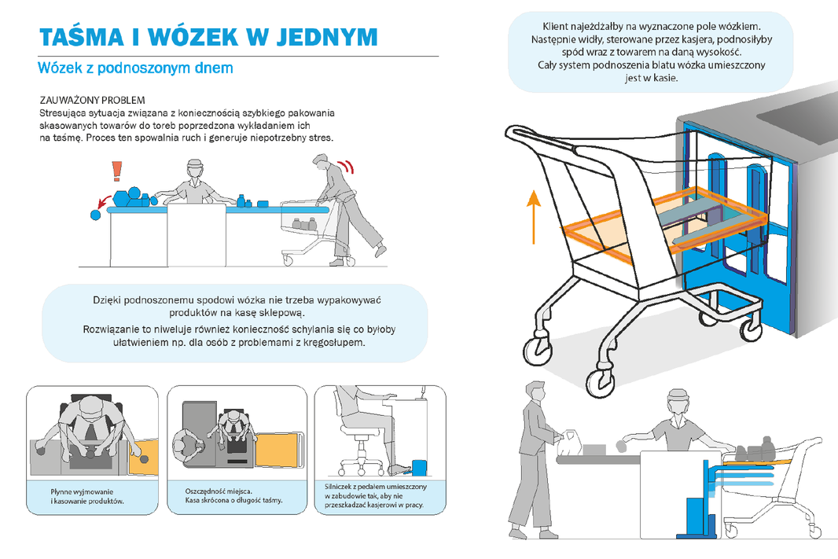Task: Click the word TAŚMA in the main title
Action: point(82,36)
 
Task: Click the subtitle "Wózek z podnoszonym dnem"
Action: point(135,68)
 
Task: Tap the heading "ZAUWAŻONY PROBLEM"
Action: point(93,100)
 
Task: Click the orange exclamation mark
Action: point(116,171)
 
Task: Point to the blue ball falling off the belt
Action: point(96,215)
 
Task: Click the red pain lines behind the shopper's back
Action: point(348,166)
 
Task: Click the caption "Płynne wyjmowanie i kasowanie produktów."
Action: point(87,496)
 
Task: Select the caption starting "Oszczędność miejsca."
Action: point(233,496)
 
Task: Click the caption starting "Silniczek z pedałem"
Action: point(376,495)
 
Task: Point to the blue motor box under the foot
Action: point(420,467)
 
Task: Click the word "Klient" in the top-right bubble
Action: point(555,26)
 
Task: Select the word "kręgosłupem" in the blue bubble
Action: point(334,342)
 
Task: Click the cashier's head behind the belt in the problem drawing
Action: point(194,169)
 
